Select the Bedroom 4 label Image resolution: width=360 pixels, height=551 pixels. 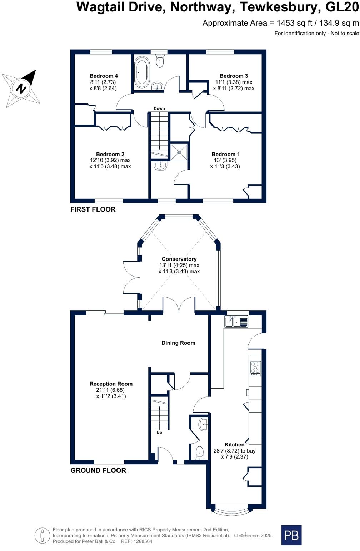coord(104,76)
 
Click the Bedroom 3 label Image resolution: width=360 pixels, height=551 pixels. coord(234,76)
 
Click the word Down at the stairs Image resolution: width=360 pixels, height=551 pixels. coord(159,108)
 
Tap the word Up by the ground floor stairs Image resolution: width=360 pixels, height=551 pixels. coord(159,433)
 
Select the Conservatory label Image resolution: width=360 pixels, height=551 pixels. coord(179,259)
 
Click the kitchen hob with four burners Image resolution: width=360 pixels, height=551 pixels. coord(255,368)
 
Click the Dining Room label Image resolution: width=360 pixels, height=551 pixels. coord(178,343)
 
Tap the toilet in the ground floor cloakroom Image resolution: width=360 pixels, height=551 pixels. coord(200,453)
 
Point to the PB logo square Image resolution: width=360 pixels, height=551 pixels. coord(291,535)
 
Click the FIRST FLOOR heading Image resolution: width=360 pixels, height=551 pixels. coord(93,209)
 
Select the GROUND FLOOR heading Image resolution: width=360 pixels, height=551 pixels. coord(98,470)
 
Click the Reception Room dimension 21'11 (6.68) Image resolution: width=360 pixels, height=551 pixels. coord(111,390)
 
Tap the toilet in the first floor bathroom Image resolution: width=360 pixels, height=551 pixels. coord(160,61)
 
